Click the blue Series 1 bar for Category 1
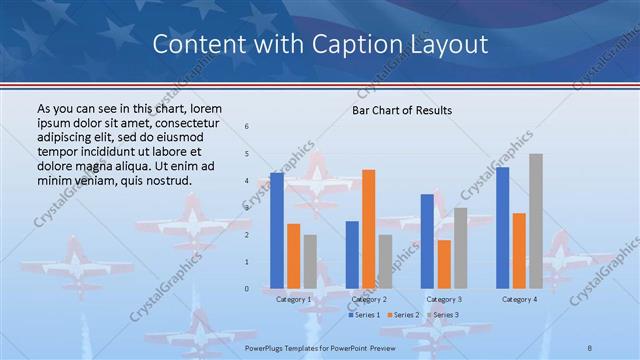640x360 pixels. pyautogui.click(x=277, y=231)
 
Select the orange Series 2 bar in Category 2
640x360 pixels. pyautogui.click(x=368, y=229)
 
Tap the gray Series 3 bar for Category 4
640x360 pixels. pyautogui.click(x=536, y=221)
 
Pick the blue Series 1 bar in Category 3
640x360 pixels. pyautogui.click(x=427, y=241)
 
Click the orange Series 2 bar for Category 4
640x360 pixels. pyautogui.click(x=519, y=251)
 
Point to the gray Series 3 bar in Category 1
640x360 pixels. pyautogui.click(x=310, y=262)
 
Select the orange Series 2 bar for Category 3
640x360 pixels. pyautogui.click(x=443, y=264)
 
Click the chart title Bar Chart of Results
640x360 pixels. pyautogui.click(x=402, y=110)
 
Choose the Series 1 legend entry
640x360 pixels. pyautogui.click(x=365, y=315)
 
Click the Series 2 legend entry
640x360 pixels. pyautogui.click(x=402, y=315)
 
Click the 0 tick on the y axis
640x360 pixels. pyautogui.click(x=248, y=289)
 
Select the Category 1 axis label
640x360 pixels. pyautogui.click(x=293, y=299)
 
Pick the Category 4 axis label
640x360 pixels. pyautogui.click(x=519, y=299)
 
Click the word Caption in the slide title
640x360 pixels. pyautogui.click(x=372, y=44)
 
